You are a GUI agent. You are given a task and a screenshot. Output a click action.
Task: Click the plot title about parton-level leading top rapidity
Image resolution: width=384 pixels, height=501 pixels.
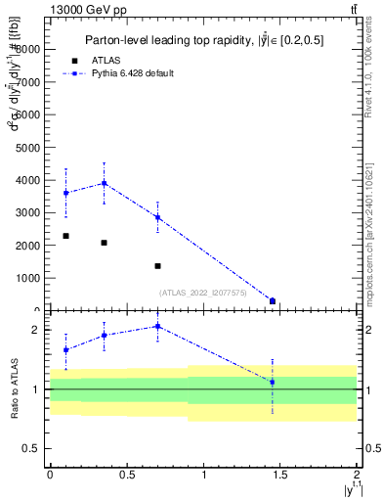click(203, 39)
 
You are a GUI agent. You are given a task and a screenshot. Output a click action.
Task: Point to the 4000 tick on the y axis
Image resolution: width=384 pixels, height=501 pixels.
click(30, 180)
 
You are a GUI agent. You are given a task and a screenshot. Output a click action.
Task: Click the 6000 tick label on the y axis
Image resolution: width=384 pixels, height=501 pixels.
click(30, 114)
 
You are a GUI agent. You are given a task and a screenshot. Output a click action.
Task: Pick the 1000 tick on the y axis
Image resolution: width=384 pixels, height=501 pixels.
click(30, 279)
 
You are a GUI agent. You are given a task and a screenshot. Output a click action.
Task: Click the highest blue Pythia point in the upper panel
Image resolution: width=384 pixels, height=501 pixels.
click(104, 183)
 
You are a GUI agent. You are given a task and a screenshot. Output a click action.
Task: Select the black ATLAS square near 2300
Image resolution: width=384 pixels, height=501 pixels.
click(65, 236)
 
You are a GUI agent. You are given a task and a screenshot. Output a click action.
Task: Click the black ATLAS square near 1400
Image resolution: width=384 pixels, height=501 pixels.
click(157, 266)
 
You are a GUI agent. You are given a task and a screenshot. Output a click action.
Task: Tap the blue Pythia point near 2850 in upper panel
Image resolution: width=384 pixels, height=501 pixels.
click(157, 217)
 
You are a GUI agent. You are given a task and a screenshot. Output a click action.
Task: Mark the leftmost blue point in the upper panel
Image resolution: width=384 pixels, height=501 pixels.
click(65, 193)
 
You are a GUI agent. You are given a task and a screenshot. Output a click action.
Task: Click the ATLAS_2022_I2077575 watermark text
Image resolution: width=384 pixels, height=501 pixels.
click(202, 292)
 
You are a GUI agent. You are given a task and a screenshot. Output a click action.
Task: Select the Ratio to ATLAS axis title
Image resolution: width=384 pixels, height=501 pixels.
click(13, 389)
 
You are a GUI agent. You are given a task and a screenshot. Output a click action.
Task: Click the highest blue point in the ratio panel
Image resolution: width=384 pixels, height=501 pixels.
click(157, 326)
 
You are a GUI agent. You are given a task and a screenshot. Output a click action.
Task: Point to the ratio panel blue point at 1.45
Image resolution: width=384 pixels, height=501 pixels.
click(273, 382)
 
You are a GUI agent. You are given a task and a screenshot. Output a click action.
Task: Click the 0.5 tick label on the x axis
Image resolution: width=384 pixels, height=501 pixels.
click(125, 474)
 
